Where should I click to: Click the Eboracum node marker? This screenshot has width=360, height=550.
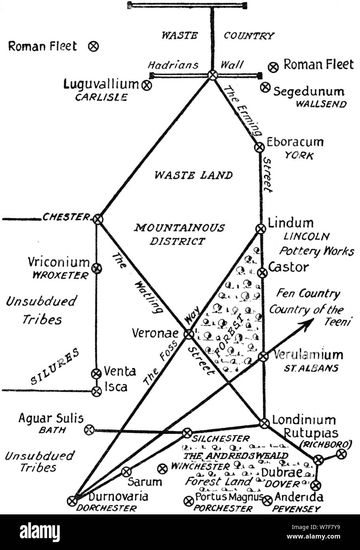tap(259, 147)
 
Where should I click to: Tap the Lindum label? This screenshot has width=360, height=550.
tap(290, 223)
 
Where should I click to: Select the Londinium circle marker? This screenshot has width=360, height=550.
tap(264, 423)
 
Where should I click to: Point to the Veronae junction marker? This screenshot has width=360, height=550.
tap(189, 334)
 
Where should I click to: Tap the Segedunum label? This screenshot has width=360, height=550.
tap(309, 92)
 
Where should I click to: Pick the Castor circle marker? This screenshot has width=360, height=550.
tap(262, 272)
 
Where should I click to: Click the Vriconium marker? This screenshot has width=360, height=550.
tap(96, 269)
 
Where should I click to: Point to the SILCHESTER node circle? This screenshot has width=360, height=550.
tap(187, 433)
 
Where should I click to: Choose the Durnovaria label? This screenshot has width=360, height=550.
tap(112, 497)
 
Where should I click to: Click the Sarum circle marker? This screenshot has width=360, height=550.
tap(126, 471)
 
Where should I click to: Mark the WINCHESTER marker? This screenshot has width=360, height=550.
tap(161, 469)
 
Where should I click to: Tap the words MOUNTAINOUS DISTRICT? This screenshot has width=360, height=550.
tap(178, 234)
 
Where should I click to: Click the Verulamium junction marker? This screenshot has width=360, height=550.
tap(263, 357)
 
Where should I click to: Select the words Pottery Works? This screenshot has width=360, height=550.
tap(316, 251)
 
